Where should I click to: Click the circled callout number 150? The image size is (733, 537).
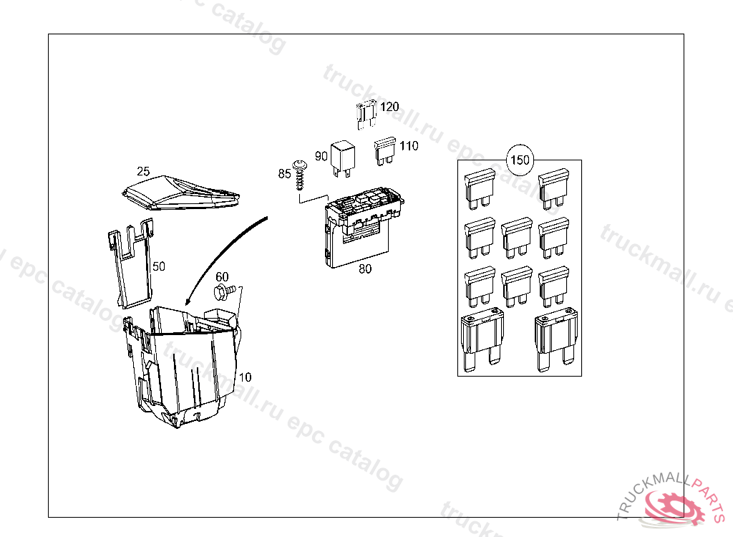click(520, 160)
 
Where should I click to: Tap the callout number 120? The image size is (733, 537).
click(389, 107)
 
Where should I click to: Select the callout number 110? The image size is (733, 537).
click(409, 146)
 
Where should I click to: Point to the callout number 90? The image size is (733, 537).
click(321, 156)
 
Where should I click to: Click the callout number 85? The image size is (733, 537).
click(284, 173)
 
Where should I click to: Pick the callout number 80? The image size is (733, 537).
click(365, 269)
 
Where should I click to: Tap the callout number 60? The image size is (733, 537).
click(222, 277)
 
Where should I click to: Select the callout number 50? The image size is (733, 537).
click(159, 266)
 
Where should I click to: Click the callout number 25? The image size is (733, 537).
click(143, 170)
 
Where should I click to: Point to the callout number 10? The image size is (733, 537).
click(245, 377)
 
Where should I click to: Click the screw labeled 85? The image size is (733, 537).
click(299, 175)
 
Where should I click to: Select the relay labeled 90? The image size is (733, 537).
click(343, 160)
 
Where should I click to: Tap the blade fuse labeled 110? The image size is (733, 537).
click(385, 150)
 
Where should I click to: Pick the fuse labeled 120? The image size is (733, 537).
click(366, 115)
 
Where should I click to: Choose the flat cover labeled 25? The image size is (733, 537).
click(181, 193)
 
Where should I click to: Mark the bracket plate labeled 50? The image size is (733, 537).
click(130, 265)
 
